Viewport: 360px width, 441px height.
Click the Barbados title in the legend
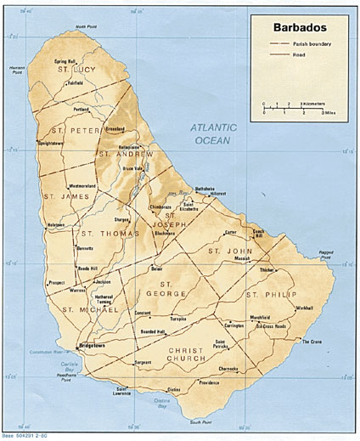298,26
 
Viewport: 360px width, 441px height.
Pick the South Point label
200,421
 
